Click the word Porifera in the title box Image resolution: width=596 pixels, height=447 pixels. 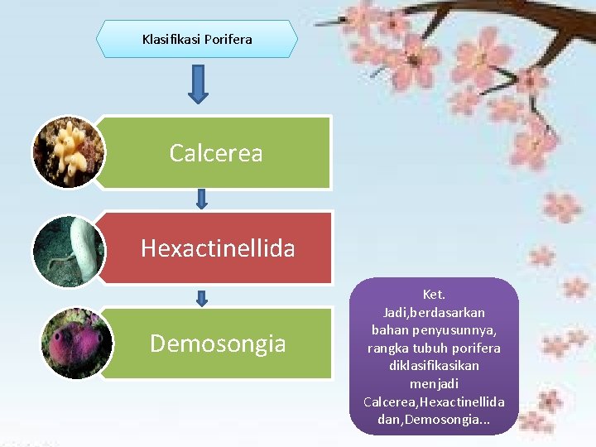[228, 39]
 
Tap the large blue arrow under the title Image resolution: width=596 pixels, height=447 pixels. [199, 84]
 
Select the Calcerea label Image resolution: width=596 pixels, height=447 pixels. [215, 153]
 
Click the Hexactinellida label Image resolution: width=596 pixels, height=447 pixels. [218, 248]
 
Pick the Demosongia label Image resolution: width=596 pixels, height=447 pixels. [218, 344]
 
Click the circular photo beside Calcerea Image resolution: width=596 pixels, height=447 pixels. [69, 152]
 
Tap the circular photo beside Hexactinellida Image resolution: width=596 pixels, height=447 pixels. [69, 250]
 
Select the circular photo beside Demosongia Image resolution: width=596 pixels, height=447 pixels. [69, 343]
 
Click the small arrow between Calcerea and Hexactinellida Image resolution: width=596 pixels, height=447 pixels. [201, 199]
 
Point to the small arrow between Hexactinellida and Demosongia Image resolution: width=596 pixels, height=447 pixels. [201, 297]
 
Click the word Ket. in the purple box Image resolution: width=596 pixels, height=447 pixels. [434, 295]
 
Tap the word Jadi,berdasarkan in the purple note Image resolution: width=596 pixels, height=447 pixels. [434, 312]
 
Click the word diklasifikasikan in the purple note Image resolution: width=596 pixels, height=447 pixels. [434, 366]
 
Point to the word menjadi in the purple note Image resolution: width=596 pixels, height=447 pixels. [434, 384]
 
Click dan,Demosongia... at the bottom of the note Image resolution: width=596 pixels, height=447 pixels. [434, 420]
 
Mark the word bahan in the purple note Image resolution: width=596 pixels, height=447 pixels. [397, 330]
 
